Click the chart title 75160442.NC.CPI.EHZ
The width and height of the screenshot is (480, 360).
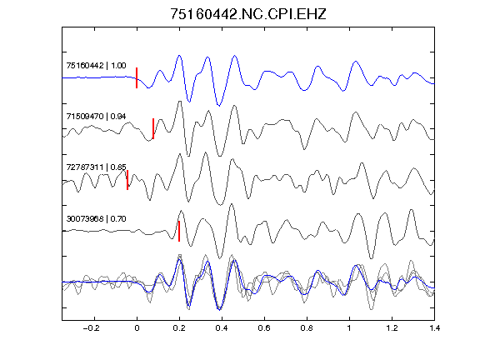(248, 14)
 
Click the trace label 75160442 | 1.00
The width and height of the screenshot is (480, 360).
(96, 66)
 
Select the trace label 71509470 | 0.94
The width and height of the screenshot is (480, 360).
(96, 117)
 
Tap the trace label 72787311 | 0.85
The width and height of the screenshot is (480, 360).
(96, 167)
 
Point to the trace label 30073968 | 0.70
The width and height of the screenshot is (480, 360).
(96, 219)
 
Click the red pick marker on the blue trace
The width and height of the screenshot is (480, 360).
(137, 77)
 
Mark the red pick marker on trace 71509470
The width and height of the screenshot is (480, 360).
(153, 128)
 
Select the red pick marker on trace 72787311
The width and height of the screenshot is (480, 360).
(127, 180)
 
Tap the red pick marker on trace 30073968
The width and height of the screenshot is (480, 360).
(179, 231)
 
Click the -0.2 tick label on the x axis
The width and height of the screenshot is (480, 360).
(92, 328)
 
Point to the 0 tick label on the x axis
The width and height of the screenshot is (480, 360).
(137, 328)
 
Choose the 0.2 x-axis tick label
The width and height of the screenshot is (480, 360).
(179, 328)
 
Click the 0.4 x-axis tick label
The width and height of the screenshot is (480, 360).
(222, 328)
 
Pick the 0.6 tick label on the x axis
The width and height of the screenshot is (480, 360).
(264, 328)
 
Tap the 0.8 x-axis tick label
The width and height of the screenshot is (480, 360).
(307, 328)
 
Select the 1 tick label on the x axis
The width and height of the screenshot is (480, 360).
(349, 328)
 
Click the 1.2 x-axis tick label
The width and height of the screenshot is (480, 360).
(392, 328)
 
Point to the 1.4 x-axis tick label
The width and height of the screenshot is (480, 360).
(434, 328)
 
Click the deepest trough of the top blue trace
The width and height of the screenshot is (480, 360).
(219, 106)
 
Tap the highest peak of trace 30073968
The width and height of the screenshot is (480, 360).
(232, 203)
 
